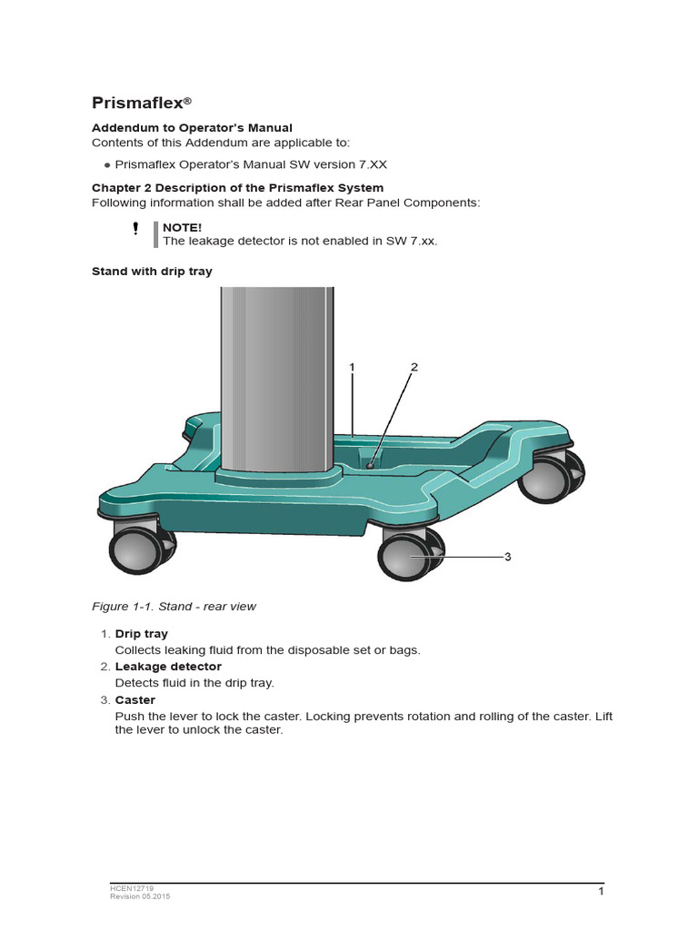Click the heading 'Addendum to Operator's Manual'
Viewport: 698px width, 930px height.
pos(192,128)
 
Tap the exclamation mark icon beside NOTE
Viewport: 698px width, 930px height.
pos(135,228)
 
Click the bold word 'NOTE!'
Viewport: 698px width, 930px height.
pos(182,227)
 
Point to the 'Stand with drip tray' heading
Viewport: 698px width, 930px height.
pos(152,272)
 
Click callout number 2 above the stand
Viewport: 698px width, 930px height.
pos(414,368)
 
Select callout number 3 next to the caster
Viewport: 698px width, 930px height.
pos(508,557)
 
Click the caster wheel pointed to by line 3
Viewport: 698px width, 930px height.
pos(406,556)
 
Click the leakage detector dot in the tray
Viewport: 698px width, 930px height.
pos(370,464)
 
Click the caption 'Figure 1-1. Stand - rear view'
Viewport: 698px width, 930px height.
pos(174,607)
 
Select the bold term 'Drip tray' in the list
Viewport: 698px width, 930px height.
pos(141,634)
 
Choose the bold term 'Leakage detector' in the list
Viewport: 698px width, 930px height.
pos(167,667)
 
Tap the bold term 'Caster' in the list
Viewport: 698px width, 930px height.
pos(135,700)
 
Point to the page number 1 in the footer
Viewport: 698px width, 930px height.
pos(601,893)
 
